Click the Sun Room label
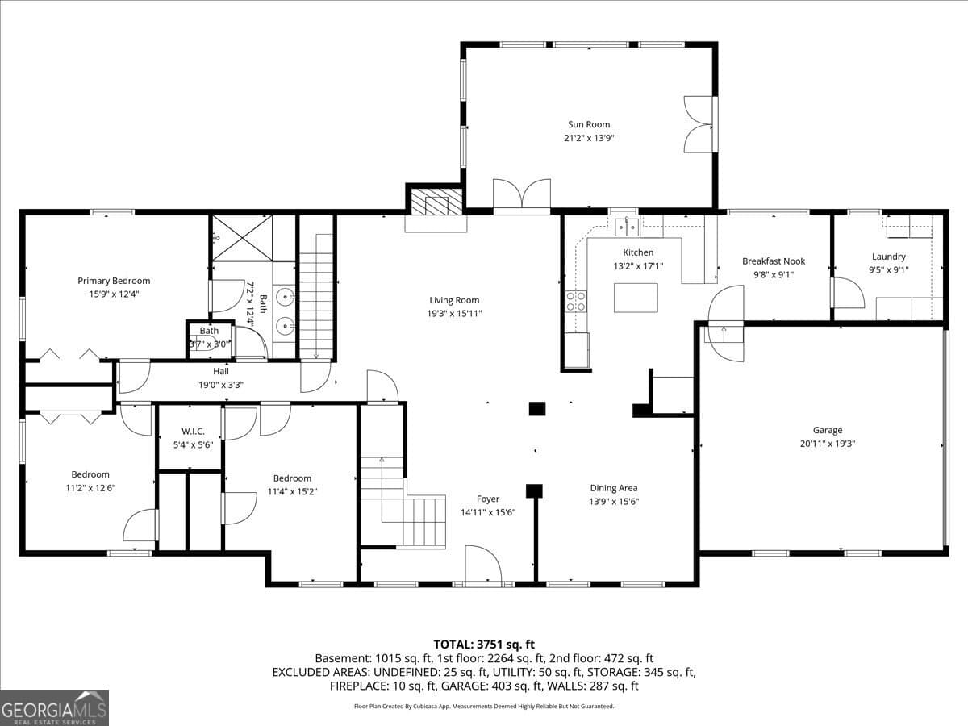click(x=589, y=124)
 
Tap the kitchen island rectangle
click(x=636, y=298)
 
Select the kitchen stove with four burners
click(x=576, y=302)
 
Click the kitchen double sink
click(x=627, y=227)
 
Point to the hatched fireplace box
click(x=436, y=202)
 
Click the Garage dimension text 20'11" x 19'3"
click(x=828, y=444)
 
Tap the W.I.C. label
click(x=193, y=431)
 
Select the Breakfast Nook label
click(x=774, y=261)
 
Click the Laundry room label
click(x=889, y=257)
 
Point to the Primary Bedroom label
click(x=114, y=281)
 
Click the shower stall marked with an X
click(x=242, y=238)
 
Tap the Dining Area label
click(x=614, y=488)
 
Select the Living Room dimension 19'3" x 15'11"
click(x=454, y=314)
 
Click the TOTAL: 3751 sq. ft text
click(x=484, y=645)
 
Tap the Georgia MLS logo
click(x=54, y=707)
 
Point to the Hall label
click(x=221, y=371)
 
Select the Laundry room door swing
click(x=848, y=293)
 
